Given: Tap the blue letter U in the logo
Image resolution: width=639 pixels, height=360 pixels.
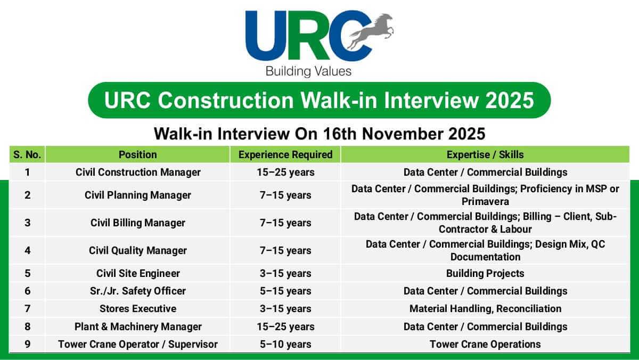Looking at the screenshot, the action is tap(266, 36).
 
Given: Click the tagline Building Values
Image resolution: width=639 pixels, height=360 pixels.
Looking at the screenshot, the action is tap(308, 71).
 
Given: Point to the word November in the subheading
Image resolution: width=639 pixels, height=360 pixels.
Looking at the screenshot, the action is tap(403, 134).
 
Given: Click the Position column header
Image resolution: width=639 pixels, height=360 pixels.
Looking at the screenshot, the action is tap(138, 154).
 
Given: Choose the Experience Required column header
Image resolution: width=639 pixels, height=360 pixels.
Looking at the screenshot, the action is tap(285, 154).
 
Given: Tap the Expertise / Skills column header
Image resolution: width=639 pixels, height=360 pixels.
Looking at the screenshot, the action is tap(485, 154).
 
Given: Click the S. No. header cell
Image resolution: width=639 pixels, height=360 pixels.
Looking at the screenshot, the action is tap(27, 154).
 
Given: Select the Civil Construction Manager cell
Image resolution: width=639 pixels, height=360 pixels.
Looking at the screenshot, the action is tap(138, 173).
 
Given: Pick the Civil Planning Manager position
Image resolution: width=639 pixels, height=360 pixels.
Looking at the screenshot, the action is tap(138, 195).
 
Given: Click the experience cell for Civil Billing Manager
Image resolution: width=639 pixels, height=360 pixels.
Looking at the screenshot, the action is tap(285, 223).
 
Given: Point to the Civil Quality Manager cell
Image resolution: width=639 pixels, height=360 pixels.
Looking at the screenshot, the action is tap(138, 250).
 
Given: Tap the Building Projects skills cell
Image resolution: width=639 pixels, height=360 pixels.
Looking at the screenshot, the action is tap(485, 273).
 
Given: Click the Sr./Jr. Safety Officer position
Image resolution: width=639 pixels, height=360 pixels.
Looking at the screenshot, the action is tap(138, 291).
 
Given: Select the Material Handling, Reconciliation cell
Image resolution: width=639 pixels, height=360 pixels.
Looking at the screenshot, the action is tap(485, 309).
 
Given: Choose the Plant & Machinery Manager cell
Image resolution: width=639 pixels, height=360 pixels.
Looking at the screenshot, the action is tap(138, 326).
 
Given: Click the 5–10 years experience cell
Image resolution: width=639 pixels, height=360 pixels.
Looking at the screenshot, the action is tap(285, 345).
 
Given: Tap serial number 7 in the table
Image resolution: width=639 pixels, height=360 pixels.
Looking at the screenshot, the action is tap(27, 309).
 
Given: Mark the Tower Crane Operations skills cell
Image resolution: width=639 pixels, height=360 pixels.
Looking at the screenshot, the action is tap(485, 345).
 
